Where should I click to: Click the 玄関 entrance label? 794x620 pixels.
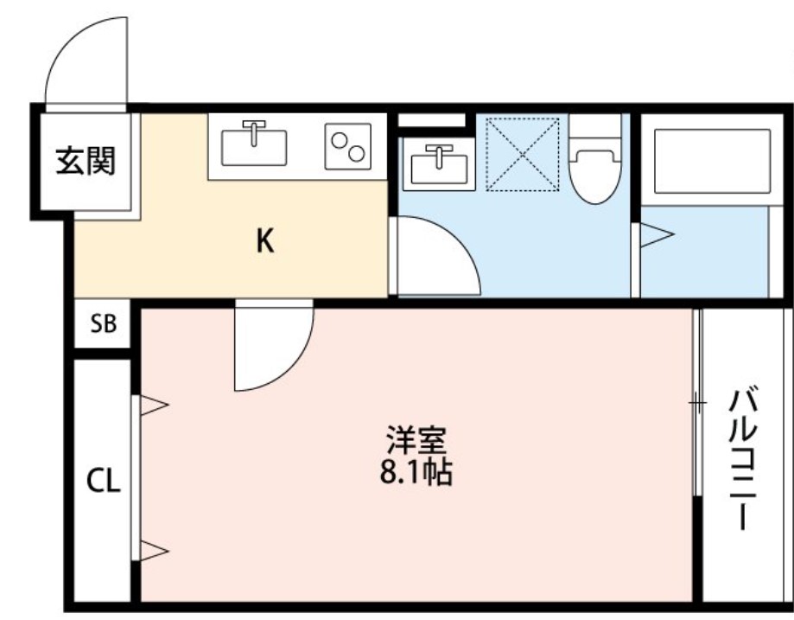86,161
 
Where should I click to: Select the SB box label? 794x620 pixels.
104,325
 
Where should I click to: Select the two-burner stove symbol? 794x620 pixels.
347,145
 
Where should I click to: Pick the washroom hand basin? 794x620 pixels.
440,163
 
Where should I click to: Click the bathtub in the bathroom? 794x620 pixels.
711,162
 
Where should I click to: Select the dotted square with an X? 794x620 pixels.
522,153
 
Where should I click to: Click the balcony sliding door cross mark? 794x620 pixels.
697,402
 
